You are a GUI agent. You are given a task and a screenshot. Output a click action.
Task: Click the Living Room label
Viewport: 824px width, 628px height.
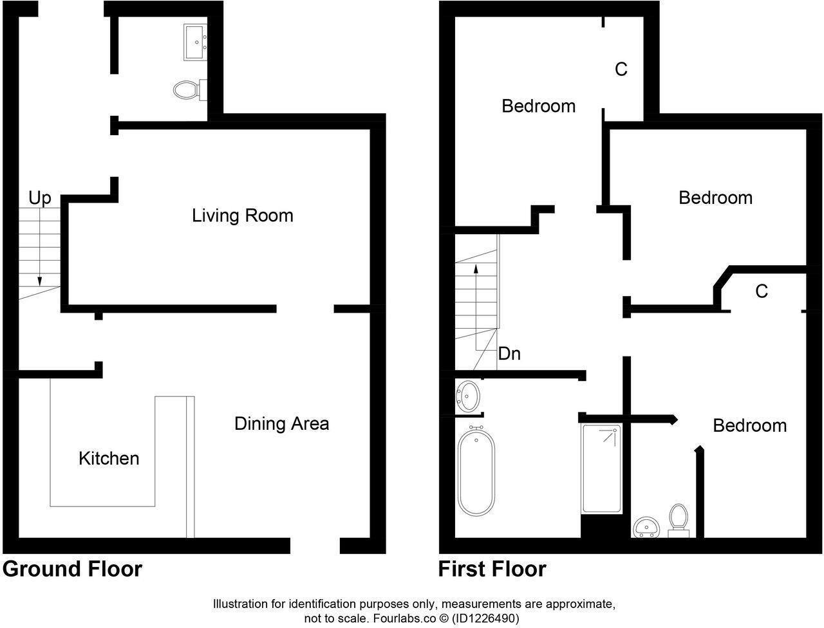pos(242,215)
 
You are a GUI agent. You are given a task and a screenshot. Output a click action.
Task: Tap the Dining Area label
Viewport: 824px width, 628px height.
pos(281,423)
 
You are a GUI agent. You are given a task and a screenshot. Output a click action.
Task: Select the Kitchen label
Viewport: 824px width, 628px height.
pos(109,458)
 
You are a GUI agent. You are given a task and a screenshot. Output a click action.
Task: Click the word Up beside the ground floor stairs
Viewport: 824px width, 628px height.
pos(39,198)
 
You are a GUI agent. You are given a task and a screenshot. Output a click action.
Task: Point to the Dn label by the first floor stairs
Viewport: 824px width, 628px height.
pos(509,353)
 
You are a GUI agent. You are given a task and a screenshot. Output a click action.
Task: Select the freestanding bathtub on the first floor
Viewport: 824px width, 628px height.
pos(476,469)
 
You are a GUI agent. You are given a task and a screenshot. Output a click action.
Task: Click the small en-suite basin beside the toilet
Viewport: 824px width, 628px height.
pos(645,528)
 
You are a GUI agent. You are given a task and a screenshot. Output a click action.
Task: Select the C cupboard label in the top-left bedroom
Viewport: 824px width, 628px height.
pos(621,69)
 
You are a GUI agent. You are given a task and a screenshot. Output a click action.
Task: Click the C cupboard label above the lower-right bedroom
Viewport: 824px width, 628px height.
pos(761,291)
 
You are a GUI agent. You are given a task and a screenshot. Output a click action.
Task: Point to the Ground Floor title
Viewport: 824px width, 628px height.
pos(72,569)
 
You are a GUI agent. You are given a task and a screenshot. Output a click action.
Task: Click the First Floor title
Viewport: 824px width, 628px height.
pos(492,569)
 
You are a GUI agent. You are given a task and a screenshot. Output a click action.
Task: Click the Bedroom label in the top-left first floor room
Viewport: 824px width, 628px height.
pos(538,106)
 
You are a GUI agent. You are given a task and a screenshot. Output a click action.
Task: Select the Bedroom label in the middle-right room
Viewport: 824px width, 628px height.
pos(715,198)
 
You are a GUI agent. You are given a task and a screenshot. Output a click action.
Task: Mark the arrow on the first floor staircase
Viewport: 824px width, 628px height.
pos(476,290)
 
